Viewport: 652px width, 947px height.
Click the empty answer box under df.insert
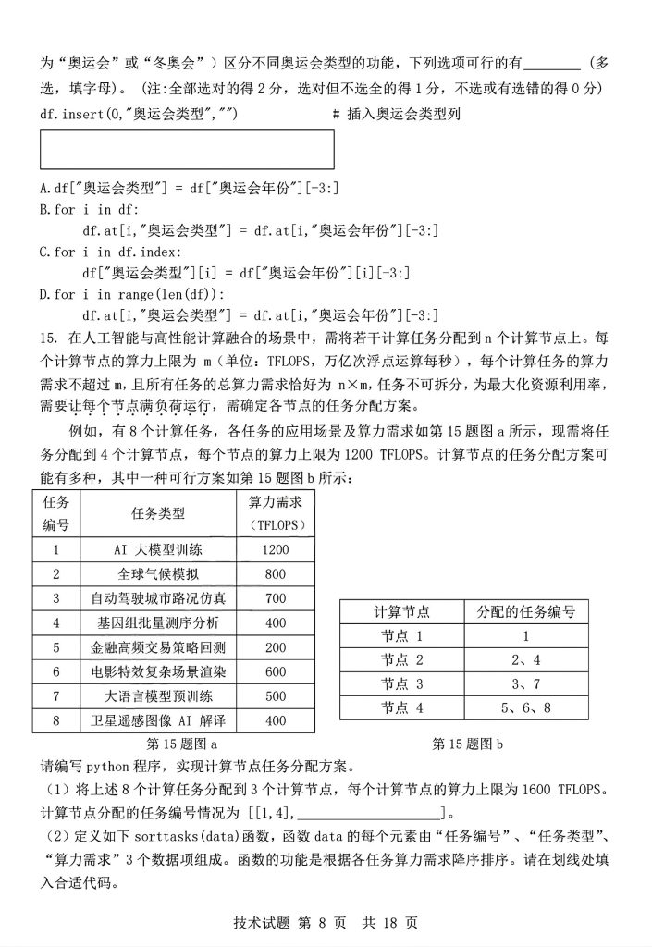[x=187, y=150]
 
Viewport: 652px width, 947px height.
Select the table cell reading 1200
[x=276, y=549]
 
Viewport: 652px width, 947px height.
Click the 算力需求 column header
[x=276, y=513]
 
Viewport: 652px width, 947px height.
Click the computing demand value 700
[x=276, y=597]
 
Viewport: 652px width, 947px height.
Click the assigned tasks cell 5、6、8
[x=525, y=708]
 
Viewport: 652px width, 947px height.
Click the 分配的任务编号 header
[x=525, y=612]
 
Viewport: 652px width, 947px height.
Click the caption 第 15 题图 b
[x=468, y=743]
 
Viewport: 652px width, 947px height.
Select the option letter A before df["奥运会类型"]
[x=44, y=189]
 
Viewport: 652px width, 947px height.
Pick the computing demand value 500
[x=276, y=695]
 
